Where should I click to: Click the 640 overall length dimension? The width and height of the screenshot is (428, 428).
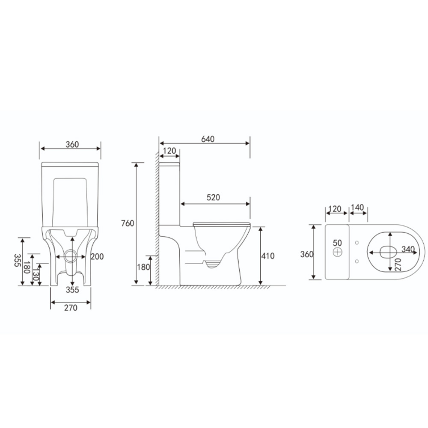pyautogui.click(x=208, y=139)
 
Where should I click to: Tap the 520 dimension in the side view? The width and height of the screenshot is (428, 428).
pyautogui.click(x=213, y=197)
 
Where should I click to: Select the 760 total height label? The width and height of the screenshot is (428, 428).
pyautogui.click(x=128, y=223)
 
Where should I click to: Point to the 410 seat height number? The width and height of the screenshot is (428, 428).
pyautogui.click(x=268, y=256)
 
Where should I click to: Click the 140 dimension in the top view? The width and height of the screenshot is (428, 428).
pyautogui.click(x=357, y=208)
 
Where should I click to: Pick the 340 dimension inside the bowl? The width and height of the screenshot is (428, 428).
pyautogui.click(x=408, y=249)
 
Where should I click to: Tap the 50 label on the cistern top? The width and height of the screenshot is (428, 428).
pyautogui.click(x=337, y=243)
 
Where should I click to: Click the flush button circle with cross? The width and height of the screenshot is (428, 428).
pyautogui.click(x=338, y=252)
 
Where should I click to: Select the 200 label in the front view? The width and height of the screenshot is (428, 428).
pyautogui.click(x=97, y=256)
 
